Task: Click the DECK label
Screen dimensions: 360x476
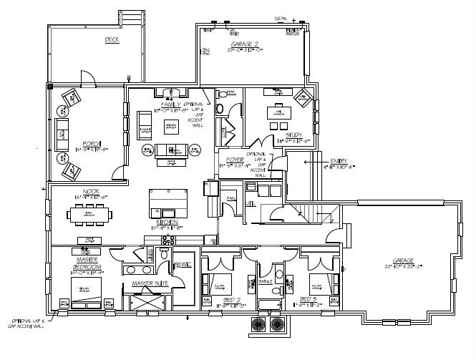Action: click(x=111, y=40)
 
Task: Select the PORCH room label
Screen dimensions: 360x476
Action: click(x=91, y=143)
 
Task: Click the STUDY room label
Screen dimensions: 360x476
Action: click(x=293, y=135)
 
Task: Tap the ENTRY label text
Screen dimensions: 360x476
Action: click(x=339, y=161)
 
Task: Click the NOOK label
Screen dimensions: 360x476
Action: click(x=91, y=192)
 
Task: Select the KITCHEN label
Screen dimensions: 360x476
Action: click(x=167, y=223)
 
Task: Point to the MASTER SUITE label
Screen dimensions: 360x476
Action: click(x=150, y=283)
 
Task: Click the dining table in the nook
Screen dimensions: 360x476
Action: click(x=90, y=213)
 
